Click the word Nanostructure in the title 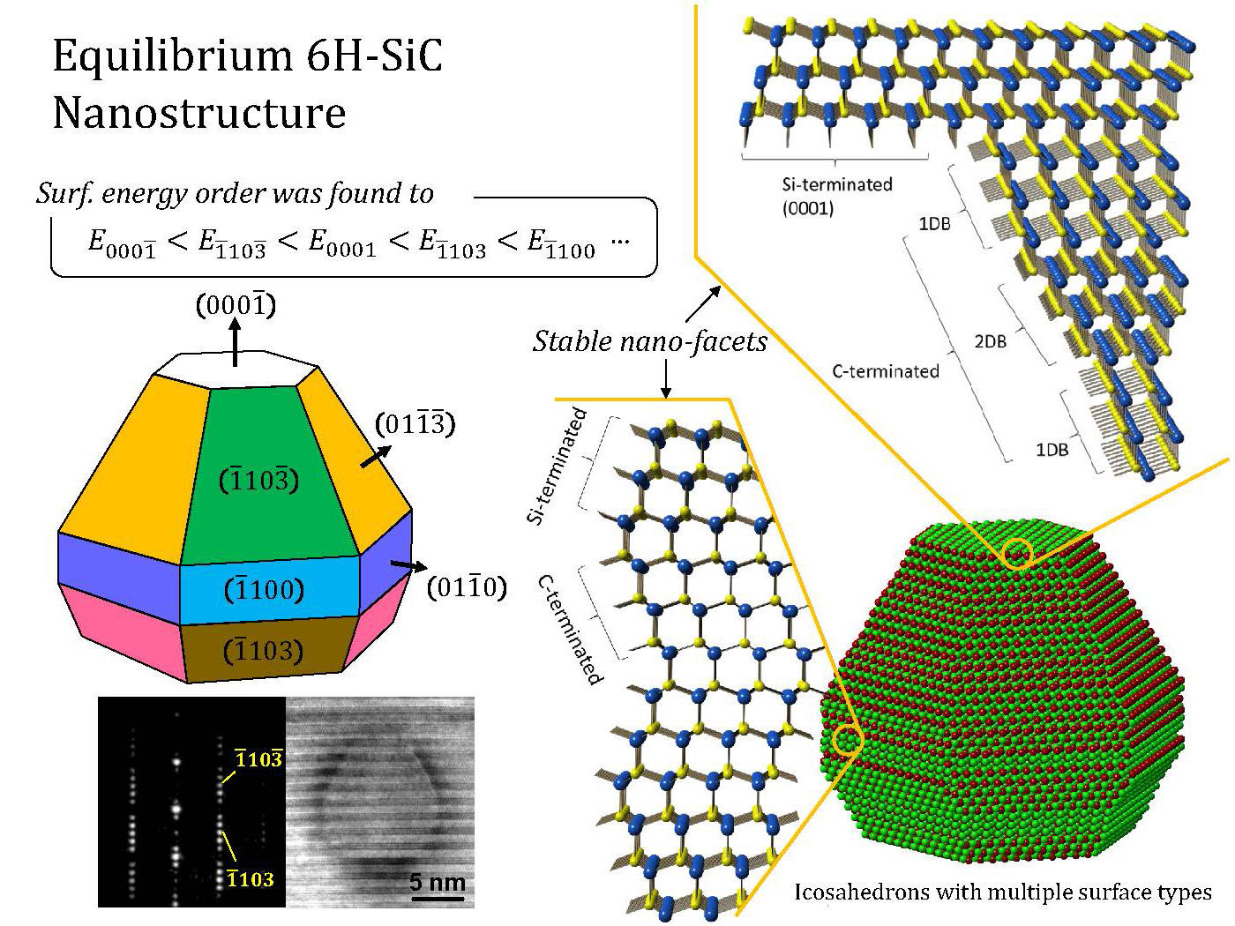pyautogui.click(x=198, y=113)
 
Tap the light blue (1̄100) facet pyautogui.click(x=265, y=589)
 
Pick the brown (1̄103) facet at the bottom pyautogui.click(x=265, y=651)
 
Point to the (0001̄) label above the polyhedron pyautogui.click(x=235, y=305)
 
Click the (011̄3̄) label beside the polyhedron pyautogui.click(x=415, y=424)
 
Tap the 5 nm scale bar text pyautogui.click(x=438, y=882)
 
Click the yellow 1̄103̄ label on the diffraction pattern pyautogui.click(x=258, y=758)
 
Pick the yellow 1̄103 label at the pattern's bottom pyautogui.click(x=250, y=878)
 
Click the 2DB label pyautogui.click(x=990, y=340)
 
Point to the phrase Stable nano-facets pyautogui.click(x=649, y=340)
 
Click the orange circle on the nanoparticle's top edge pyautogui.click(x=1017, y=553)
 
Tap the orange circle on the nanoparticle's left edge pyautogui.click(x=848, y=741)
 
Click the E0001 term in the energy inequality pyautogui.click(x=341, y=244)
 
